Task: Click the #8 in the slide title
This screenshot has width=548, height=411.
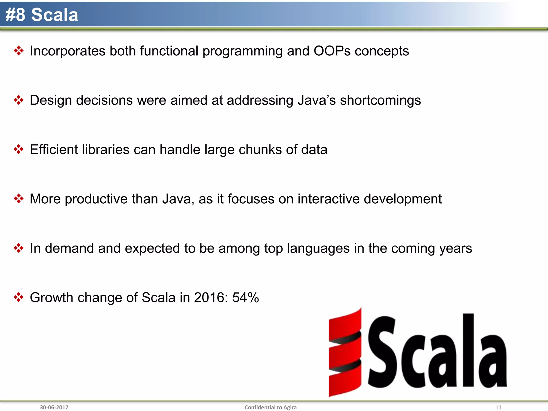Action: click(x=15, y=15)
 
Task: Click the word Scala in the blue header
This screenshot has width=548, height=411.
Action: click(x=55, y=15)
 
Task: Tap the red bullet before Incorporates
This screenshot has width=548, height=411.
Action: click(x=18, y=51)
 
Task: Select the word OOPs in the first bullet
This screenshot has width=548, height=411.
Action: click(x=332, y=51)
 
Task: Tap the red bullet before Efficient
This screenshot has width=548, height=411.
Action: click(x=18, y=149)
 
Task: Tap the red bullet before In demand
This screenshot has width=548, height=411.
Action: click(x=18, y=248)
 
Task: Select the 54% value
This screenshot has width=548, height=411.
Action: click(x=245, y=298)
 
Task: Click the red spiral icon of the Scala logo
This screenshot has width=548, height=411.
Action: click(x=345, y=352)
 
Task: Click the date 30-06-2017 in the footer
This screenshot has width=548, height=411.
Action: click(x=54, y=407)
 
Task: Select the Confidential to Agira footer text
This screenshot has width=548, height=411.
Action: click(x=270, y=407)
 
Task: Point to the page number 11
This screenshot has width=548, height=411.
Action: click(x=498, y=407)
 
